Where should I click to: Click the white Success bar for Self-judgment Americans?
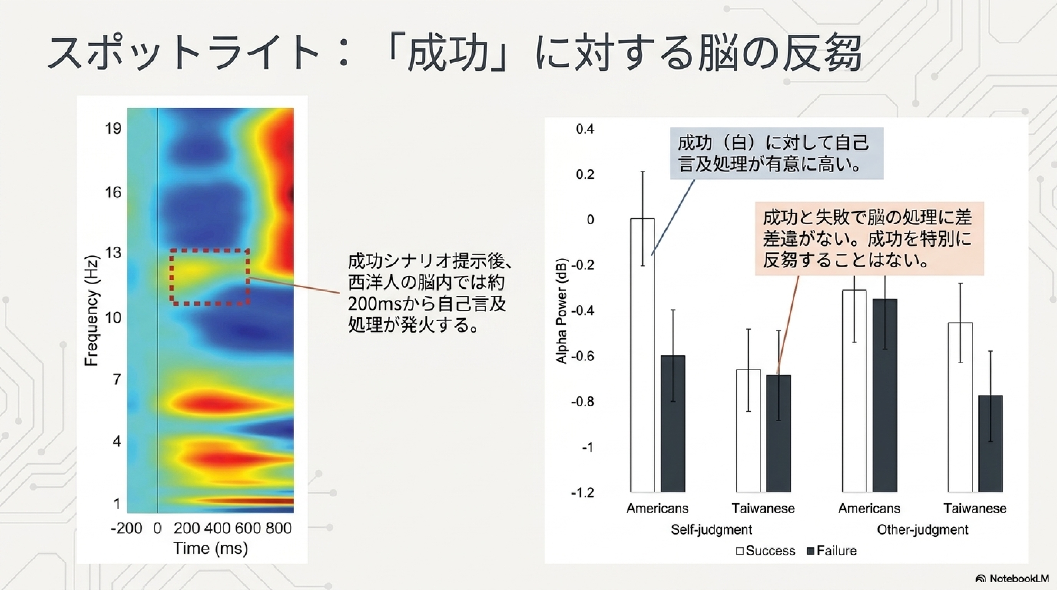tap(643, 355)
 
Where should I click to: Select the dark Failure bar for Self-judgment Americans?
tap(673, 424)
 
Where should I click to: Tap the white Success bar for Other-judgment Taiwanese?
tap(960, 407)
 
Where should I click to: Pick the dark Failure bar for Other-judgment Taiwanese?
tap(991, 444)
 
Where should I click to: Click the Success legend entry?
tap(766, 551)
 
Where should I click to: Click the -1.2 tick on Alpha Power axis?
tap(583, 492)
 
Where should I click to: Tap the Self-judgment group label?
tap(712, 530)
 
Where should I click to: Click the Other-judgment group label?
tap(922, 530)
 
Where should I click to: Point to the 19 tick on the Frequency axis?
tap(113, 128)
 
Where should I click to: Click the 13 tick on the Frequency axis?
tap(113, 253)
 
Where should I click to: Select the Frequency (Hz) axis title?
tap(91, 310)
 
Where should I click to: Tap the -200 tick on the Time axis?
tap(126, 528)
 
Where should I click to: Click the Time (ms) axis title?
tap(211, 549)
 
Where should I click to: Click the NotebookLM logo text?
tap(1018, 579)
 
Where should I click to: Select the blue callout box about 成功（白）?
tap(776, 153)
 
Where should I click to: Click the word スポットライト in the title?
tap(183, 53)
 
